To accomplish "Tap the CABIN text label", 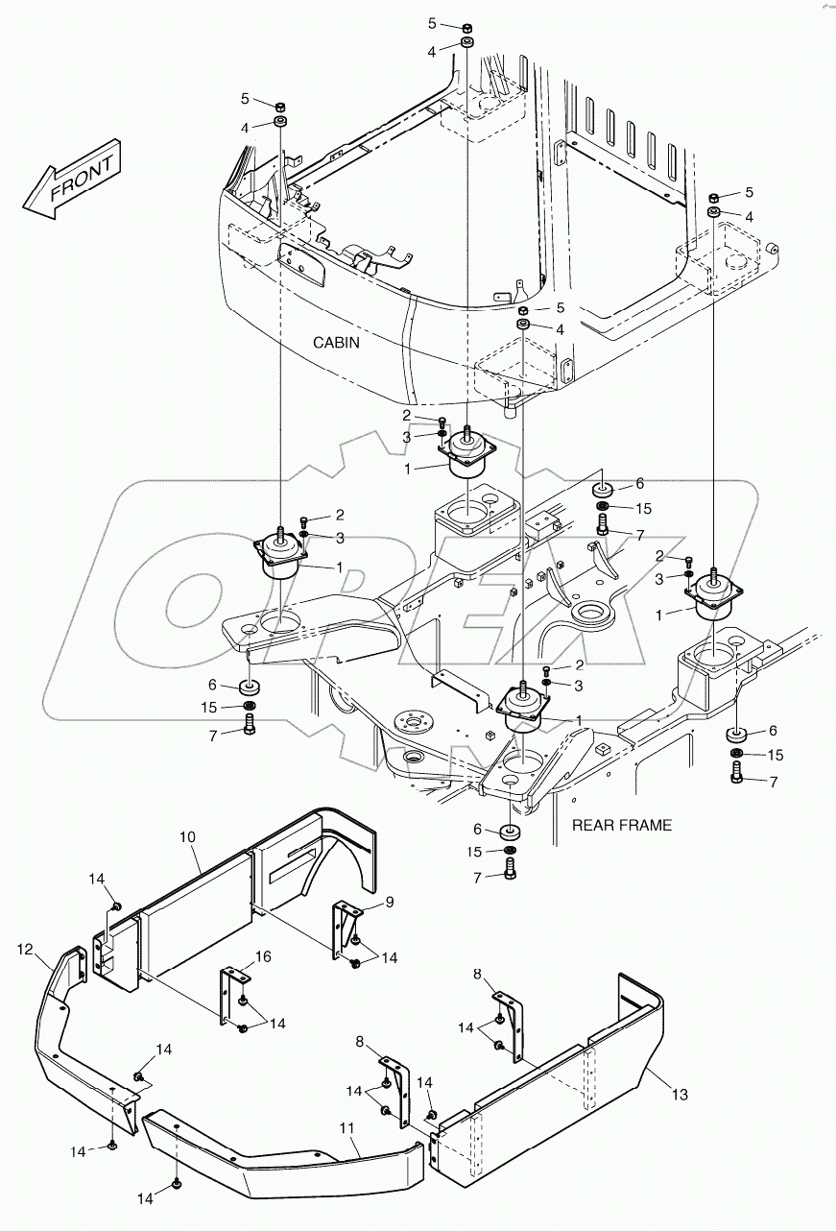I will coord(335,342).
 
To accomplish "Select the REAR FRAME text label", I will coord(621,824).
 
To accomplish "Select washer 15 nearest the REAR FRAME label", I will coord(509,852).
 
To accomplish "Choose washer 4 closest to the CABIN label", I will coord(524,328).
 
